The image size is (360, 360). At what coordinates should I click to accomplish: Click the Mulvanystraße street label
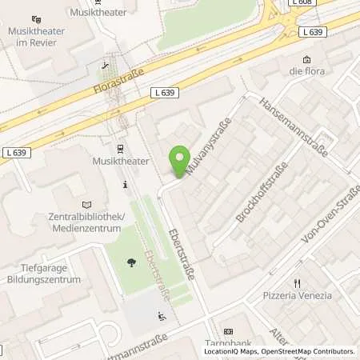(x=207, y=147)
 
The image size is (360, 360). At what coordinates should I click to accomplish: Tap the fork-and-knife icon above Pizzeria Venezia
(x=298, y=282)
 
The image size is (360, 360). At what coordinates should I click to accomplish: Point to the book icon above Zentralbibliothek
(x=86, y=205)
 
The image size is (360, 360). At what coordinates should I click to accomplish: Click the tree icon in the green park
(x=130, y=261)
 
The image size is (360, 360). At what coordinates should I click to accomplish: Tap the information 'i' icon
(x=125, y=185)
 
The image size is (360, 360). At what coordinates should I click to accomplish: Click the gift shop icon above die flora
(x=307, y=59)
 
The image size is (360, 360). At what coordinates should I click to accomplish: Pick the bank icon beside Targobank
(x=228, y=332)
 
